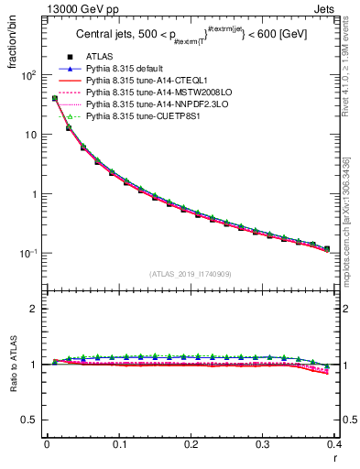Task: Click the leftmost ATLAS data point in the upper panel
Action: pyautogui.click(x=55, y=98)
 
